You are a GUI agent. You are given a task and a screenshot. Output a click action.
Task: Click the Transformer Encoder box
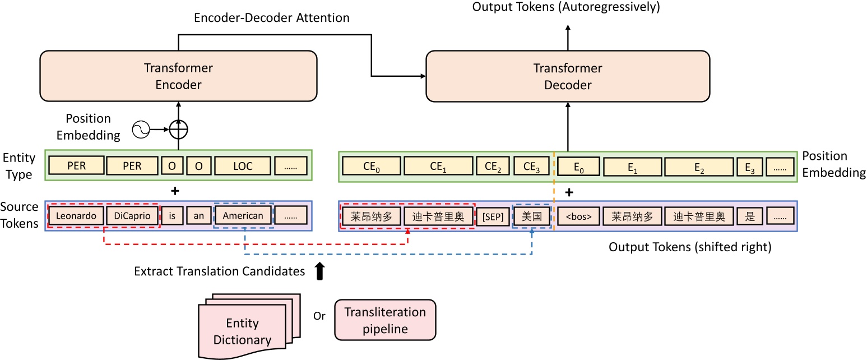(178, 76)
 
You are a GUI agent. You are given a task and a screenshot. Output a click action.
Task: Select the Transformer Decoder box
(567, 76)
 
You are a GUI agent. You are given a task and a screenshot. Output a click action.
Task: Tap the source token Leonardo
(76, 215)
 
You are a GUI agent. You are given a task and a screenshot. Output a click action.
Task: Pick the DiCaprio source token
(132, 215)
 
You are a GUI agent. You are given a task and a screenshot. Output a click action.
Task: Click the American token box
(243, 215)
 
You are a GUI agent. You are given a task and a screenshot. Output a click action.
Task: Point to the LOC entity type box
(242, 166)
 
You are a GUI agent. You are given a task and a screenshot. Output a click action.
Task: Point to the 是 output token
(749, 216)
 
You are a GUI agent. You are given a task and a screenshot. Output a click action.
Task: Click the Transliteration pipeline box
(384, 320)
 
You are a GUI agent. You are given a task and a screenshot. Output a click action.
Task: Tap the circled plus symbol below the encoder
(179, 130)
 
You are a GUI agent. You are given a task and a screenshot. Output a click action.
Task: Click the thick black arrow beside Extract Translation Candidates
(319, 271)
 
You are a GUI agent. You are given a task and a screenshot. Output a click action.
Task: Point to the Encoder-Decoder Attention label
(271, 18)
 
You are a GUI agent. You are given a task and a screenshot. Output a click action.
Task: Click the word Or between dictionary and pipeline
(319, 316)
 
